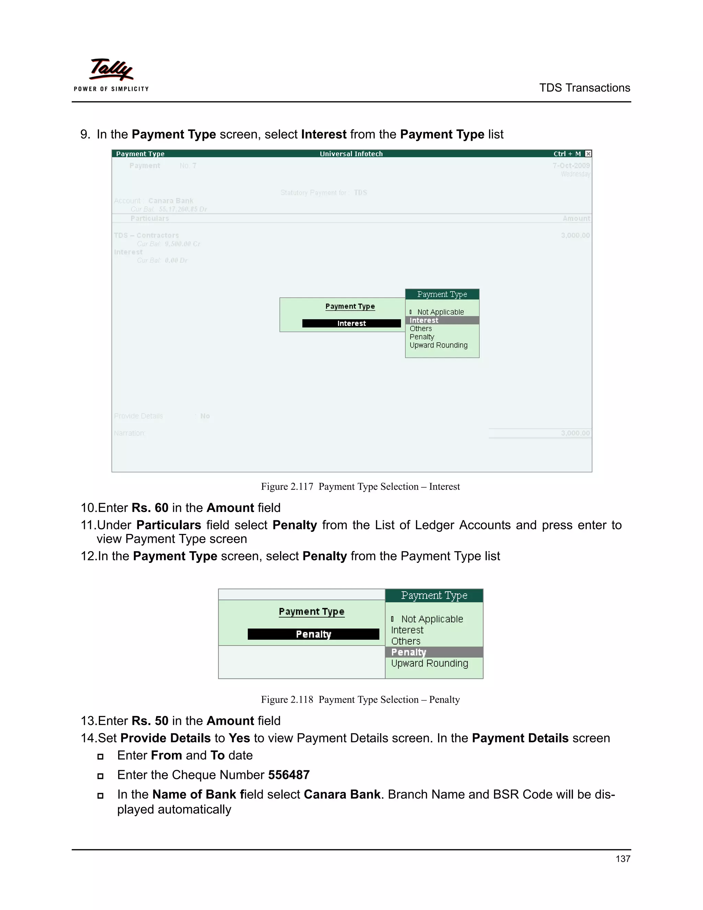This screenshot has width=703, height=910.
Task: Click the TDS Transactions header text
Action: [x=584, y=88]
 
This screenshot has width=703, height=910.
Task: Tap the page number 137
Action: [x=623, y=858]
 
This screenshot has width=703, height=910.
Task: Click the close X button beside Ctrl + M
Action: [x=588, y=154]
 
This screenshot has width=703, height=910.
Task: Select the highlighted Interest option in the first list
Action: [x=424, y=320]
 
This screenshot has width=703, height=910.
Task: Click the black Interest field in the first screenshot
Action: [x=351, y=323]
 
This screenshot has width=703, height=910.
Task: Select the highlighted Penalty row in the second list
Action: [x=409, y=652]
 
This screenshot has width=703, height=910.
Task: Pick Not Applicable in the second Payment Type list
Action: [x=431, y=619]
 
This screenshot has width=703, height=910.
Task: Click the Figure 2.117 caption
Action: [x=360, y=487]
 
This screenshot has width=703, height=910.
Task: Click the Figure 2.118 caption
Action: [x=360, y=699]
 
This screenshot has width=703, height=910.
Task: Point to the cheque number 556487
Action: [x=289, y=775]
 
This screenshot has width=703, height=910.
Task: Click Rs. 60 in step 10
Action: [x=150, y=508]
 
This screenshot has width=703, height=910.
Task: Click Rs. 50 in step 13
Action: [x=150, y=721]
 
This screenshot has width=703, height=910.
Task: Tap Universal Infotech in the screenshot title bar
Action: [x=351, y=154]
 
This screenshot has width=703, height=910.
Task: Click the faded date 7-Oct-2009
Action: [x=571, y=166]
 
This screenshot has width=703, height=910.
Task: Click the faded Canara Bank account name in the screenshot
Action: [x=171, y=201]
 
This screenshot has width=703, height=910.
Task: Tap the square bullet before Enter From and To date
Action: [x=100, y=757]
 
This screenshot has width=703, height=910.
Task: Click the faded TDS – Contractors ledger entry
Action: [x=146, y=236]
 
